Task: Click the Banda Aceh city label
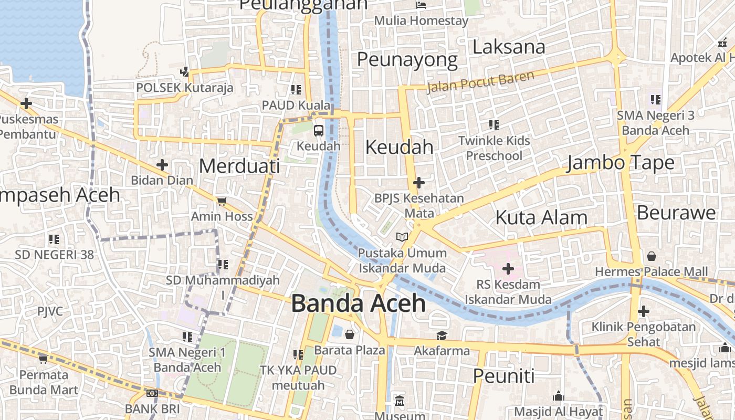[358, 303]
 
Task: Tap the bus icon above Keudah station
[319, 130]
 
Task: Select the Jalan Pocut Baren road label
[480, 82]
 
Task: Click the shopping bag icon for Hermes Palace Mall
[652, 256]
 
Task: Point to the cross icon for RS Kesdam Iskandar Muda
[508, 269]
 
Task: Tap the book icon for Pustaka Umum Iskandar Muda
[402, 237]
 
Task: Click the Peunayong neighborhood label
[407, 60]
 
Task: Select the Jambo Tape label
[620, 163]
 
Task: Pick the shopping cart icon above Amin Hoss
[222, 201]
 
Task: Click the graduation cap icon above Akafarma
[442, 335]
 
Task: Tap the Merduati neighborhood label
[239, 166]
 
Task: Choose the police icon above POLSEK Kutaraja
[184, 72]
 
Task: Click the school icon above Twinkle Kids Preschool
[494, 125]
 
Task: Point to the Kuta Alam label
[541, 217]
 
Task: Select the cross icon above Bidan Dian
[162, 165]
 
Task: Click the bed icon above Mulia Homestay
[421, 5]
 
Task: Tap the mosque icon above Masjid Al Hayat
[559, 396]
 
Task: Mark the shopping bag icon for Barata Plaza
[350, 334]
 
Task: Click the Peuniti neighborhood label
[503, 376]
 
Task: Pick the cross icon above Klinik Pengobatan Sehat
[644, 312]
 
